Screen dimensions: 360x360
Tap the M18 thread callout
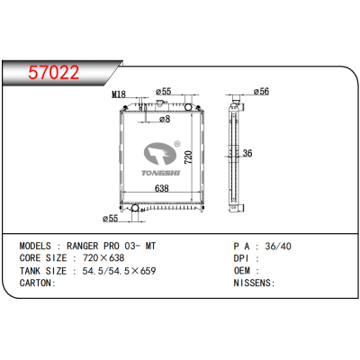pos(118,94)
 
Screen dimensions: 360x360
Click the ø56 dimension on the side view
pos(262,91)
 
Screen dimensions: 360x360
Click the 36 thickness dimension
pos(246,153)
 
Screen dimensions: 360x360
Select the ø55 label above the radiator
pos(164,91)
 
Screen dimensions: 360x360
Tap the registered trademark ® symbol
pos(176,144)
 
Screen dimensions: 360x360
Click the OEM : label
pos(247,270)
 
